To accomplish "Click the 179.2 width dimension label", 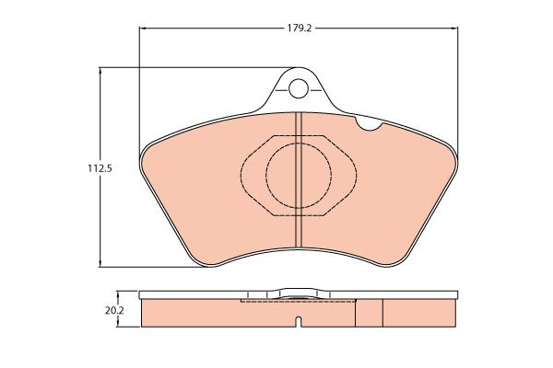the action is click(x=299, y=29).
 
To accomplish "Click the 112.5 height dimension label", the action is click(x=100, y=168).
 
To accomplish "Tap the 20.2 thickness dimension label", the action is click(x=113, y=311).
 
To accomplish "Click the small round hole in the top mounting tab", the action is click(x=298, y=88).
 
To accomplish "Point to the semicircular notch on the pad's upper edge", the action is click(x=370, y=124).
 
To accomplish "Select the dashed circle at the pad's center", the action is click(x=299, y=143).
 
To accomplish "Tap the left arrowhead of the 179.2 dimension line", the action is click(x=143, y=29).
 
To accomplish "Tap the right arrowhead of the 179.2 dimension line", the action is click(x=454, y=29).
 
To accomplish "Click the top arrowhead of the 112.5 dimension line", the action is click(x=100, y=71).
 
